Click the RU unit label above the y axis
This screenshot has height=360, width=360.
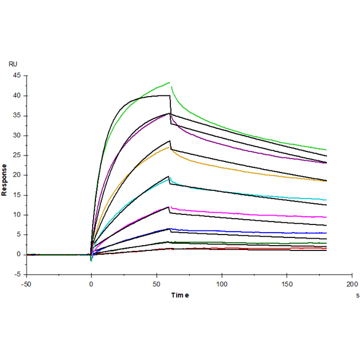[x=13, y=64]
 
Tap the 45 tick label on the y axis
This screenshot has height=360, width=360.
[x=16, y=76]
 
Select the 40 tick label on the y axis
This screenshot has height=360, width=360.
[x=16, y=96]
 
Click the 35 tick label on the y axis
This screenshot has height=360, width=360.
[x=16, y=115]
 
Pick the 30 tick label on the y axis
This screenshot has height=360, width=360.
[x=16, y=136]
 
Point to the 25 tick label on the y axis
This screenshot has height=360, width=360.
[x=16, y=156]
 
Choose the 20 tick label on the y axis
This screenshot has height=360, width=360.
[x=16, y=176]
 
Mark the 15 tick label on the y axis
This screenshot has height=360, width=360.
[x=16, y=195]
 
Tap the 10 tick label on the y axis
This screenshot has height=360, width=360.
[x=16, y=215]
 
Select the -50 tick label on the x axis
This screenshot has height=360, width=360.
[x=25, y=283]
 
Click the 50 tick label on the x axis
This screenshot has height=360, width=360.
[x=156, y=283]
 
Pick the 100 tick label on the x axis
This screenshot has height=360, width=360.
[x=222, y=283]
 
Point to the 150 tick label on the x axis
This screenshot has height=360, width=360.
[x=286, y=283]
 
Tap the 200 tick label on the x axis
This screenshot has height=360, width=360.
[x=352, y=283]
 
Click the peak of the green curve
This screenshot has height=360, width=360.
[x=169, y=82]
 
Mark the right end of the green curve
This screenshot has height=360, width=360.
[x=326, y=150]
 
